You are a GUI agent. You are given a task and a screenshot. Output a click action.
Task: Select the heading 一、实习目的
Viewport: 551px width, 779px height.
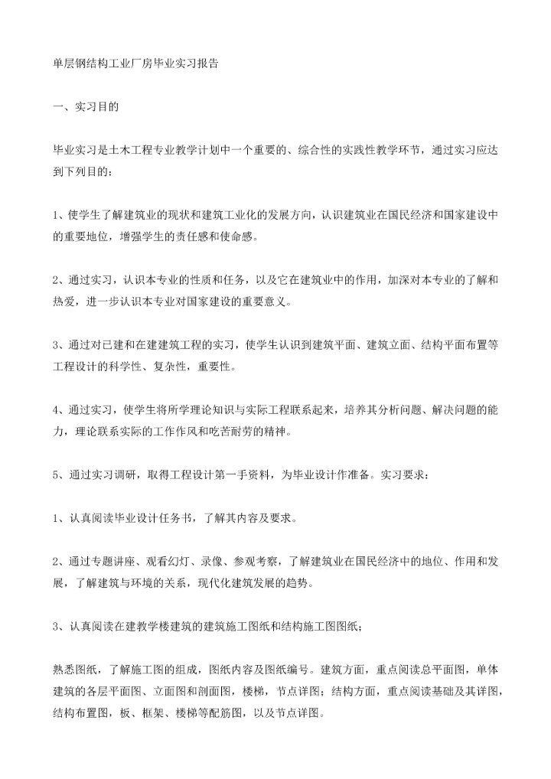point(85,108)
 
